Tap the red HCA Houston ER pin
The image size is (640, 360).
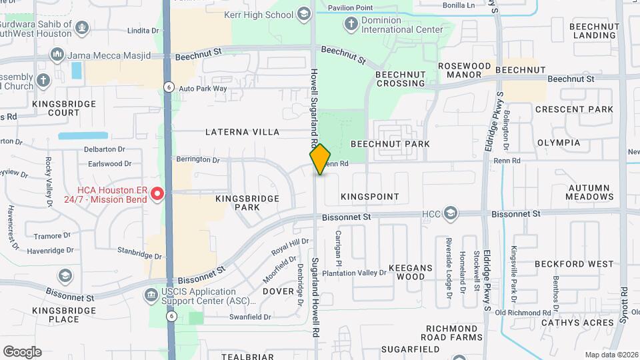(x=157, y=194)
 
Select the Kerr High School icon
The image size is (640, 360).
(x=304, y=14)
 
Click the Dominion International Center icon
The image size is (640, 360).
(x=351, y=25)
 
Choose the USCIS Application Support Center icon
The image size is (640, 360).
(x=151, y=293)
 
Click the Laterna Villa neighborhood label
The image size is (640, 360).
(x=243, y=132)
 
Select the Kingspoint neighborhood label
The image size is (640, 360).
(x=369, y=197)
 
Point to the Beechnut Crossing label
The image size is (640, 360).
(x=400, y=79)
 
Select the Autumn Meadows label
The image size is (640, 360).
(x=590, y=193)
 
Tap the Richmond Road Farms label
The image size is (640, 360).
(x=453, y=333)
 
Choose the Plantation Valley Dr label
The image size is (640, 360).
(x=354, y=273)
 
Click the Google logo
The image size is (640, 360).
(x=22, y=352)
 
